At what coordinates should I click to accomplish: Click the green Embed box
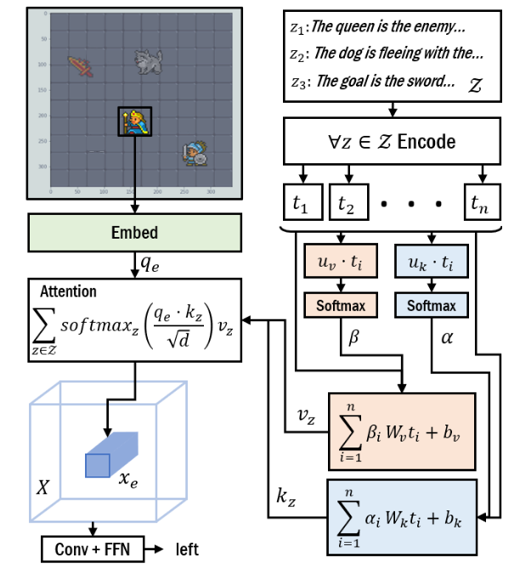tap(135, 231)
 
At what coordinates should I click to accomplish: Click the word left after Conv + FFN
tap(188, 549)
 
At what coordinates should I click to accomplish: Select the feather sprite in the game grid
tap(82, 65)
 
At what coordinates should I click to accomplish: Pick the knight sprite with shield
tap(195, 154)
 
